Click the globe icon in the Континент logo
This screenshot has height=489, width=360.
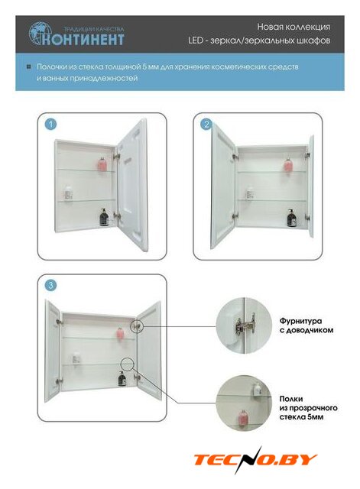point(39,33)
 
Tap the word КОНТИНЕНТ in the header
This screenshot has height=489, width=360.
point(83,40)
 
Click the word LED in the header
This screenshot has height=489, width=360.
point(195,40)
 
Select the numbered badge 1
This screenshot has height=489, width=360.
point(51,125)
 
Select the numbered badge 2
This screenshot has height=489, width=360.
point(206,125)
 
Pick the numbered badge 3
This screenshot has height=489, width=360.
point(51,285)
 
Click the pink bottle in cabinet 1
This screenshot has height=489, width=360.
point(103,164)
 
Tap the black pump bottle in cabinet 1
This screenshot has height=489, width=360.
point(104,217)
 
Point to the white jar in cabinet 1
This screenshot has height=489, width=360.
point(68,193)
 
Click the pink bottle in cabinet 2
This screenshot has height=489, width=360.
point(288,165)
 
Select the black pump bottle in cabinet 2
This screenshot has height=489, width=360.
point(291,218)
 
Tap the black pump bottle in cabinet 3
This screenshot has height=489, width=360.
point(122,378)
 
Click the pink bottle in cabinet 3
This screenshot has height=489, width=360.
point(121,333)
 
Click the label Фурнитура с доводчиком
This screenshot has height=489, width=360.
point(306,325)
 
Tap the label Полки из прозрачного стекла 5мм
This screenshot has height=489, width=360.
point(309,407)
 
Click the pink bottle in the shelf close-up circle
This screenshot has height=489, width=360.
point(243,416)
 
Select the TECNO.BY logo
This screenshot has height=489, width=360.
point(255,459)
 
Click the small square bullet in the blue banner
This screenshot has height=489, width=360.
point(29,66)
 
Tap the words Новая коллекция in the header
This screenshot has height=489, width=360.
point(294,28)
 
